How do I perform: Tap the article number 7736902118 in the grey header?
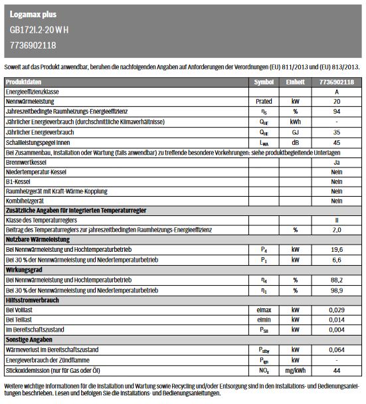pos(33,45)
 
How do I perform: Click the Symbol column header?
pos(264,82)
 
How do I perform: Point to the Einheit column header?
pos(296,82)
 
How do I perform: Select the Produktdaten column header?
pos(24,82)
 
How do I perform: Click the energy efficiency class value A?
pos(337,92)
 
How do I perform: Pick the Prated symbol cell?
pos(264,102)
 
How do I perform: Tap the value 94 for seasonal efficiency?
pos(337,112)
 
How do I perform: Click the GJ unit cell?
pos(296,132)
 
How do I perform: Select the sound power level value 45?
pos(337,142)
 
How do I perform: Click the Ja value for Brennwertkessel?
pos(337,161)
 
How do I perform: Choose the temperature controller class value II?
pos(337,219)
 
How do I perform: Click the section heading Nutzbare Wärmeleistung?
pos(37,239)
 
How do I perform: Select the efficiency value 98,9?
pos(337,290)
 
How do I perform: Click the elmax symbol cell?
pos(264,310)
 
